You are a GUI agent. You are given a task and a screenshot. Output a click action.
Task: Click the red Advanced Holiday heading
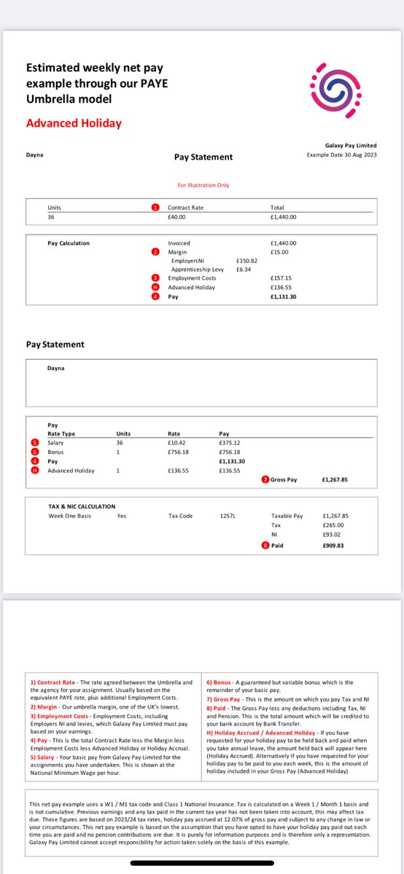pyautogui.click(x=74, y=123)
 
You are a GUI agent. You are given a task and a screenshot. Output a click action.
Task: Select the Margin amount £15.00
pyautogui.click(x=279, y=252)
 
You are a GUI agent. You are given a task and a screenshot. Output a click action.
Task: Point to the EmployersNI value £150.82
pyautogui.click(x=247, y=260)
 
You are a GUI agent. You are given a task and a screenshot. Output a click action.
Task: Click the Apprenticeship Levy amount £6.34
pyautogui.click(x=244, y=269)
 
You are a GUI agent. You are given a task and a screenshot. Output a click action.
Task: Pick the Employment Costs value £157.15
pyautogui.click(x=281, y=278)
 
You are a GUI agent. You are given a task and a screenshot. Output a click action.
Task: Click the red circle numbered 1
pyautogui.click(x=155, y=208)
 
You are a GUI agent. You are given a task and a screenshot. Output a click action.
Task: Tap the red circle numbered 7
pyautogui.click(x=265, y=479)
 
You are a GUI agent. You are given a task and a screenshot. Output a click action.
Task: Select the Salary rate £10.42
pyautogui.click(x=178, y=443)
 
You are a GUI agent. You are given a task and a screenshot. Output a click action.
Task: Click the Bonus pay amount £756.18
pyautogui.click(x=229, y=452)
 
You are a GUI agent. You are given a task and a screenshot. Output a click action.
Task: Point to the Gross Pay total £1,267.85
pyautogui.click(x=335, y=480)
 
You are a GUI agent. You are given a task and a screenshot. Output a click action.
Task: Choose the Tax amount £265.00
pyautogui.click(x=332, y=525)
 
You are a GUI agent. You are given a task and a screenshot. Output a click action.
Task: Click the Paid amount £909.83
pyautogui.click(x=332, y=545)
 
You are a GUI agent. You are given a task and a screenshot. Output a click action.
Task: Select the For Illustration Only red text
pyautogui.click(x=203, y=185)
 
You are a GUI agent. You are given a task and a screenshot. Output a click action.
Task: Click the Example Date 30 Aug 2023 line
pyautogui.click(x=341, y=155)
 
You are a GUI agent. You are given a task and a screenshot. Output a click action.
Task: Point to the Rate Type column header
pyautogui.click(x=61, y=433)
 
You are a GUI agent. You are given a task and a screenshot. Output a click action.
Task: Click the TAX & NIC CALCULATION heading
pyautogui.click(x=81, y=506)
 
